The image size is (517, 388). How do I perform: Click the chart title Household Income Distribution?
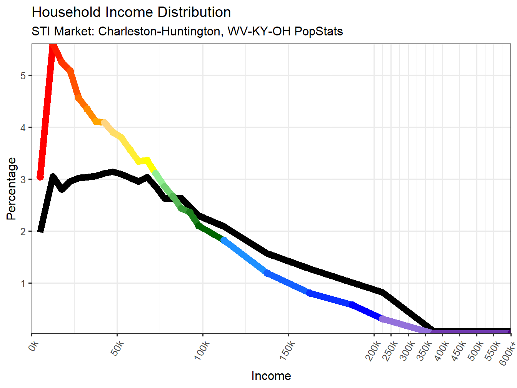click(131, 12)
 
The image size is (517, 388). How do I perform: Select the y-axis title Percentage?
click(12, 189)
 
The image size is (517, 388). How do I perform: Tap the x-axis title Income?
click(271, 376)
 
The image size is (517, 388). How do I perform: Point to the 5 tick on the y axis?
click(23, 75)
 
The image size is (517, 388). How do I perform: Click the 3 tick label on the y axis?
click(23, 179)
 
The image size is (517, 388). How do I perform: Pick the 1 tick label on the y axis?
click(23, 284)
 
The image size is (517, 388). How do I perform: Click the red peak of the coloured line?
click(53, 47)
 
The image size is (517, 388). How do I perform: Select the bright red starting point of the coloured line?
click(40, 177)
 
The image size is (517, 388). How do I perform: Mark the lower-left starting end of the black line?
click(40, 230)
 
